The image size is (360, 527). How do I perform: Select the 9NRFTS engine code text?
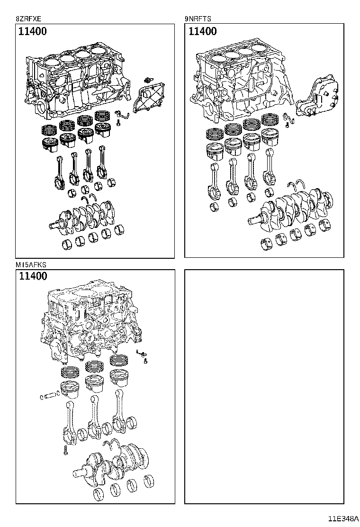(198, 19)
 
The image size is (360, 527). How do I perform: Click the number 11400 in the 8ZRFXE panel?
(33, 32)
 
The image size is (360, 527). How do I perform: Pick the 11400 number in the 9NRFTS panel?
(202, 32)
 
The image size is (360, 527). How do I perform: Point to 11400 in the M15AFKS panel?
(33, 276)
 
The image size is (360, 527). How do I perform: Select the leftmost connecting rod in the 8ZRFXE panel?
(61, 171)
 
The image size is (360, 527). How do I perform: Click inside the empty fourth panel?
(264, 386)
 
